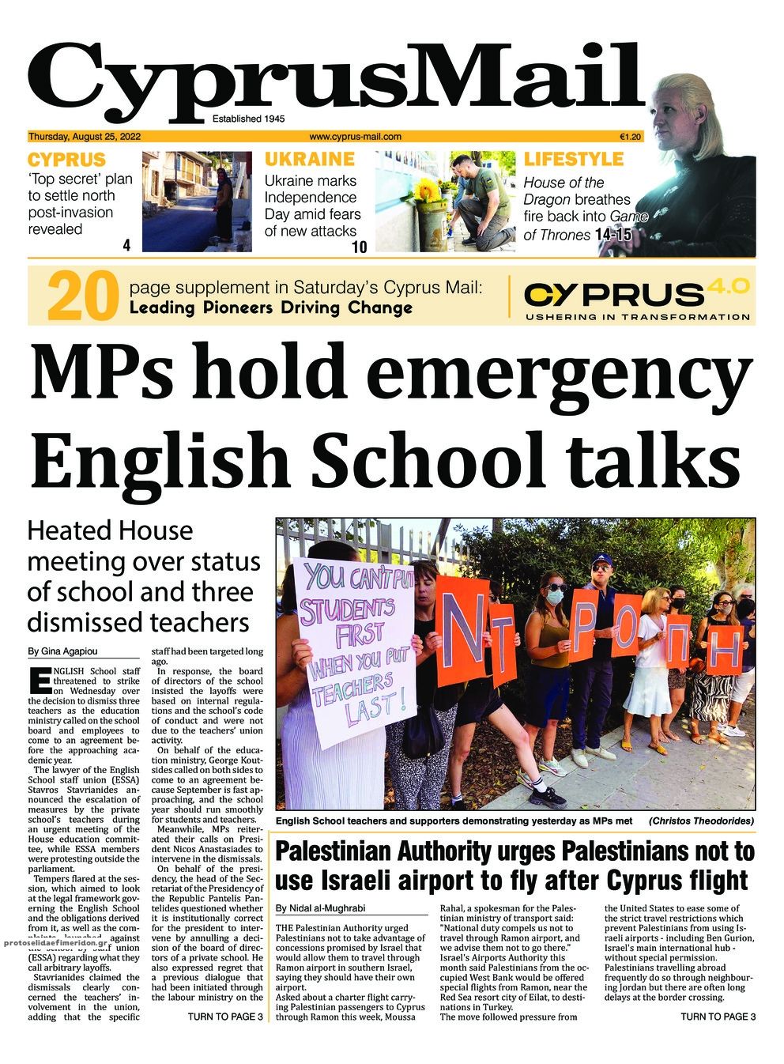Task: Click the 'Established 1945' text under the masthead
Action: [248, 119]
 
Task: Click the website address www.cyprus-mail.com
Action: [355, 136]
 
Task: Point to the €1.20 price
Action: [631, 136]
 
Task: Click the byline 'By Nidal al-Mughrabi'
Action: [321, 908]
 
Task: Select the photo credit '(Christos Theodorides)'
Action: [701, 821]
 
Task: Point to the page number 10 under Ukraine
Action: [359, 247]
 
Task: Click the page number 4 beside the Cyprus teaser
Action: [126, 246]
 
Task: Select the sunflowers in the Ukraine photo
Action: [428, 190]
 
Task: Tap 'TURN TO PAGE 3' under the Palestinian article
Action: [718, 1017]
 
